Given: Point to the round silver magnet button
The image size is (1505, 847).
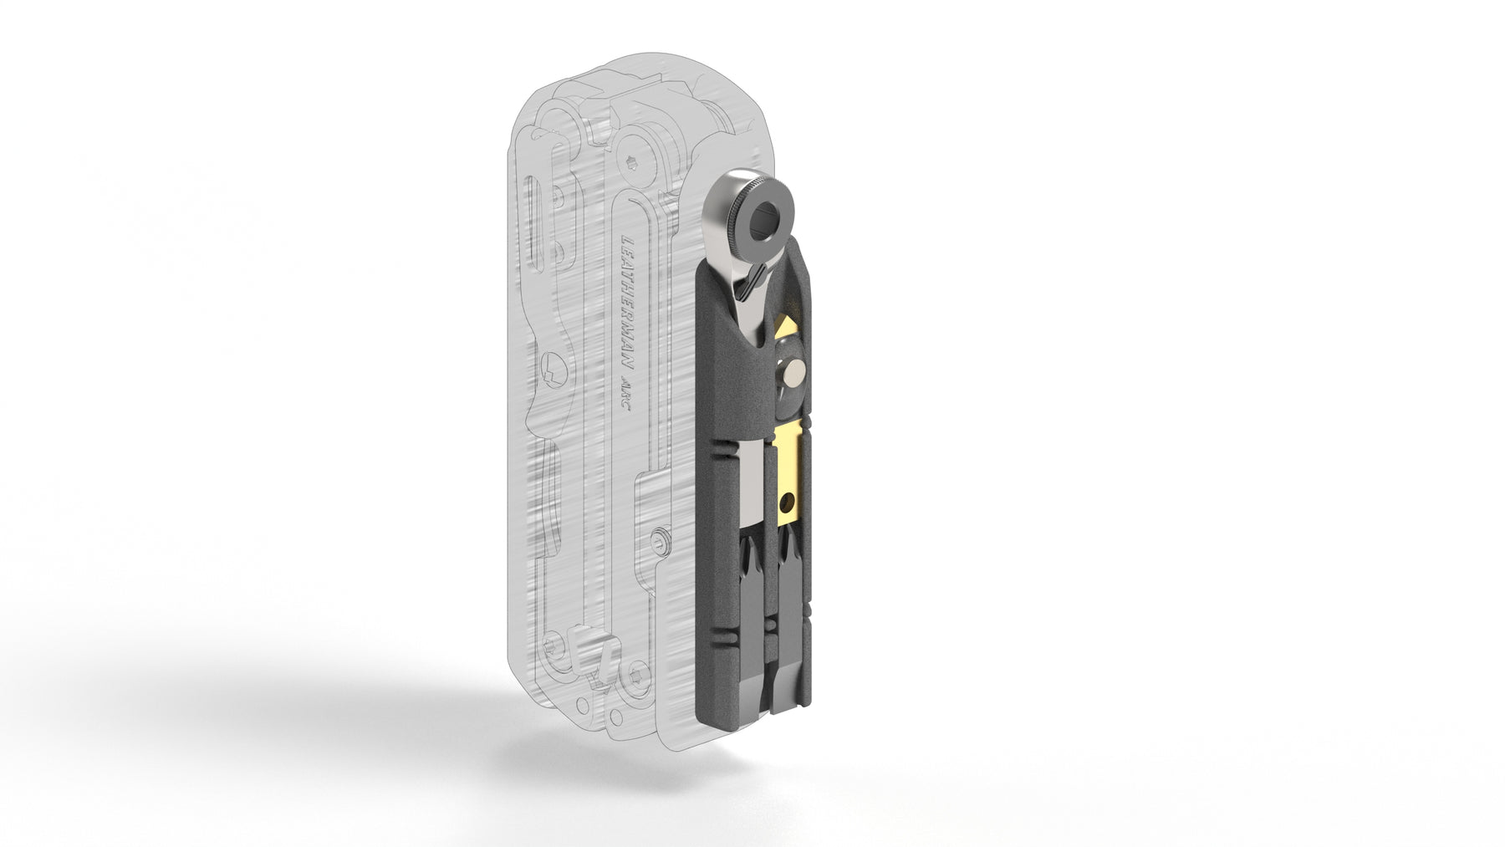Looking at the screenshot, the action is (794, 369).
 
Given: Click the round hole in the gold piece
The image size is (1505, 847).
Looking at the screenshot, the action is (787, 503).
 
